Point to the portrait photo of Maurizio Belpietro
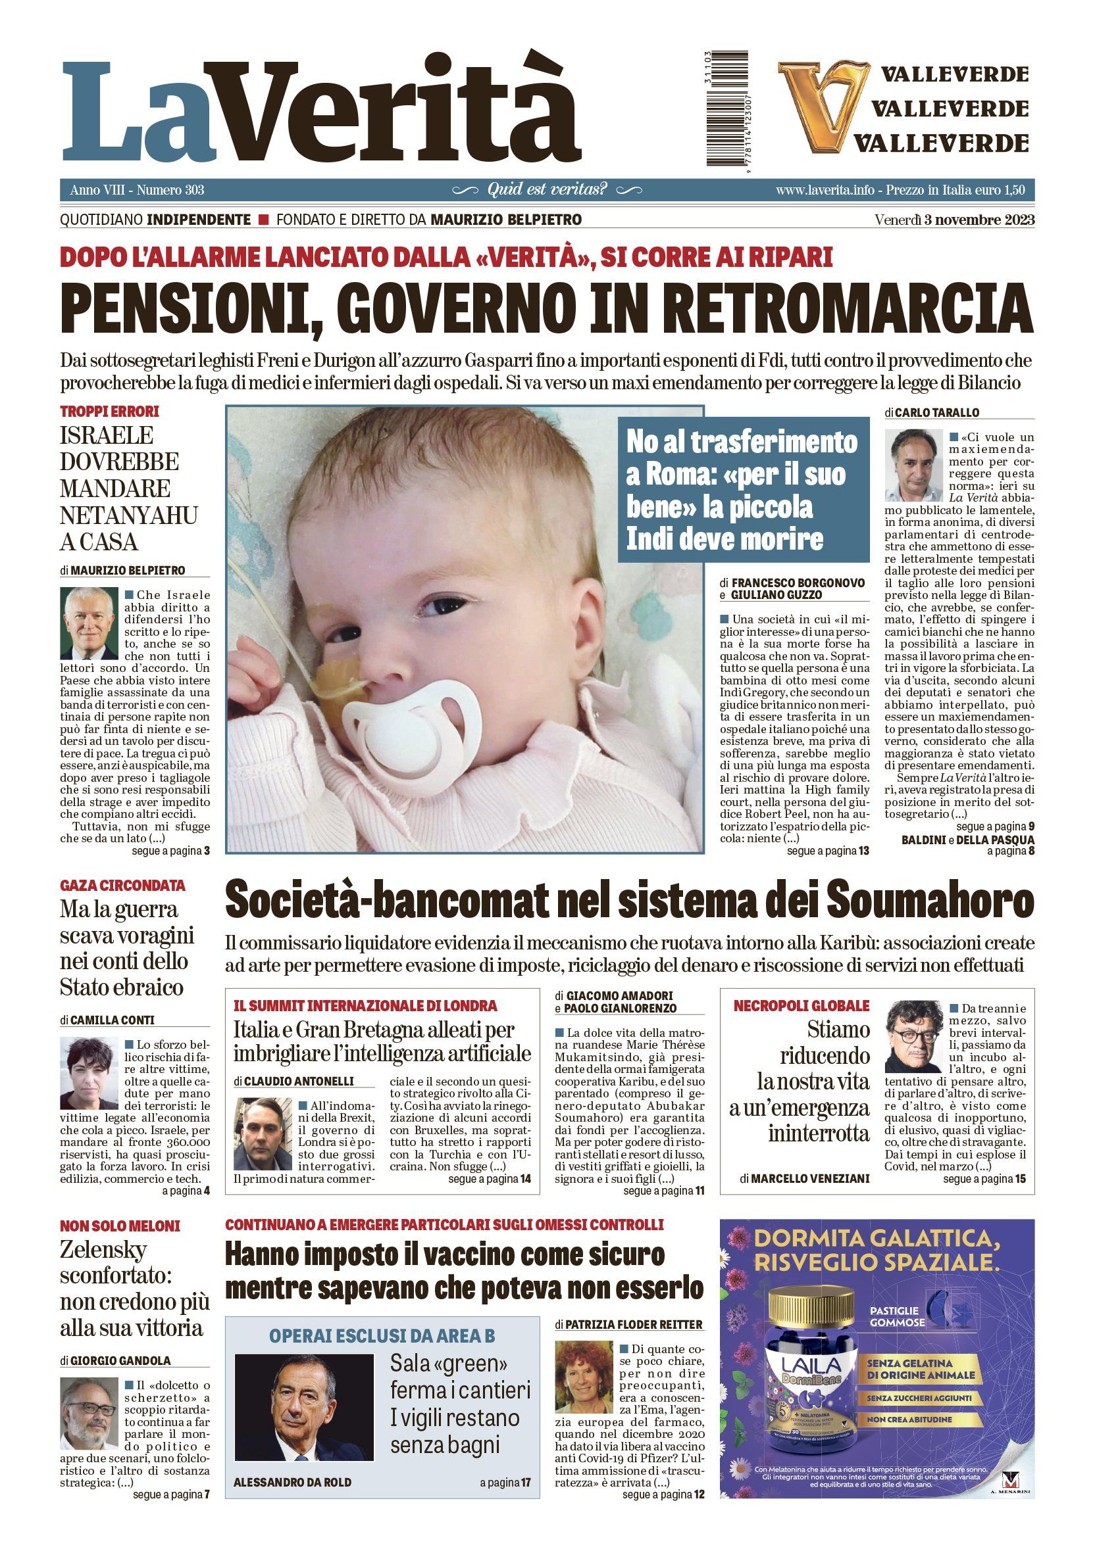pos(90,623)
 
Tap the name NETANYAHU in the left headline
pos(128,515)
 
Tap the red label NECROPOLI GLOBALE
pos(802,1006)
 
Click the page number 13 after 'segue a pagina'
pos(863,851)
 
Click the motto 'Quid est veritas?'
pos(547,189)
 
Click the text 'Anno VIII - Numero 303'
pos(137,190)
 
